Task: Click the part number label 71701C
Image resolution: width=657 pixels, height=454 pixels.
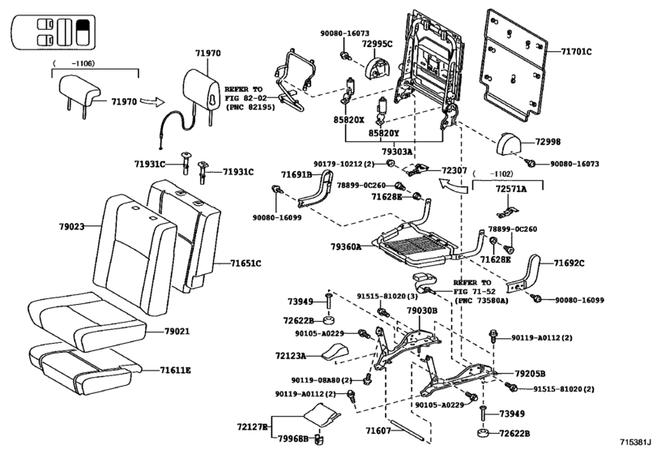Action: tap(576, 52)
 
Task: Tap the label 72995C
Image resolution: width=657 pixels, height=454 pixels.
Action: tap(377, 44)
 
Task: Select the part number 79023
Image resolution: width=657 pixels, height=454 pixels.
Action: tap(71, 227)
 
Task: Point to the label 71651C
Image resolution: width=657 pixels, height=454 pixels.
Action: tap(245, 263)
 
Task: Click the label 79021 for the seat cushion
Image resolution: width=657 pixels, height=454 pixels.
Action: tap(177, 331)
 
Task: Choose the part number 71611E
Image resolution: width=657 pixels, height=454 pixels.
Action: tap(175, 370)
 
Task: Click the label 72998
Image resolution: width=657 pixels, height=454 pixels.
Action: tap(548, 142)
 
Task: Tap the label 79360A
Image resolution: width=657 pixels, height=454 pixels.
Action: tap(346, 247)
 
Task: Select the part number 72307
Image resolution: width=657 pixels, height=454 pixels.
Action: tap(454, 170)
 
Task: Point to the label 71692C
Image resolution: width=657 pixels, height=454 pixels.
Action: tap(569, 263)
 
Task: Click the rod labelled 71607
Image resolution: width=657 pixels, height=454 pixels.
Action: tap(407, 430)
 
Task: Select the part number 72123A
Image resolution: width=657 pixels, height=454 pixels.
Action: tap(290, 356)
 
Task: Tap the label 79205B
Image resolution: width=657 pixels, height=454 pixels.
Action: tap(530, 374)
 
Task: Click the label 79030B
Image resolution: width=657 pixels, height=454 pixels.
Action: tap(422, 311)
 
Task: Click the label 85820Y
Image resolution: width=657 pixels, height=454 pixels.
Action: tap(384, 133)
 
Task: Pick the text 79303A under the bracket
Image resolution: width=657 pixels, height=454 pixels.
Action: tap(397, 151)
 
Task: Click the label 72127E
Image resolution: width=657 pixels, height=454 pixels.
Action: tap(252, 426)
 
